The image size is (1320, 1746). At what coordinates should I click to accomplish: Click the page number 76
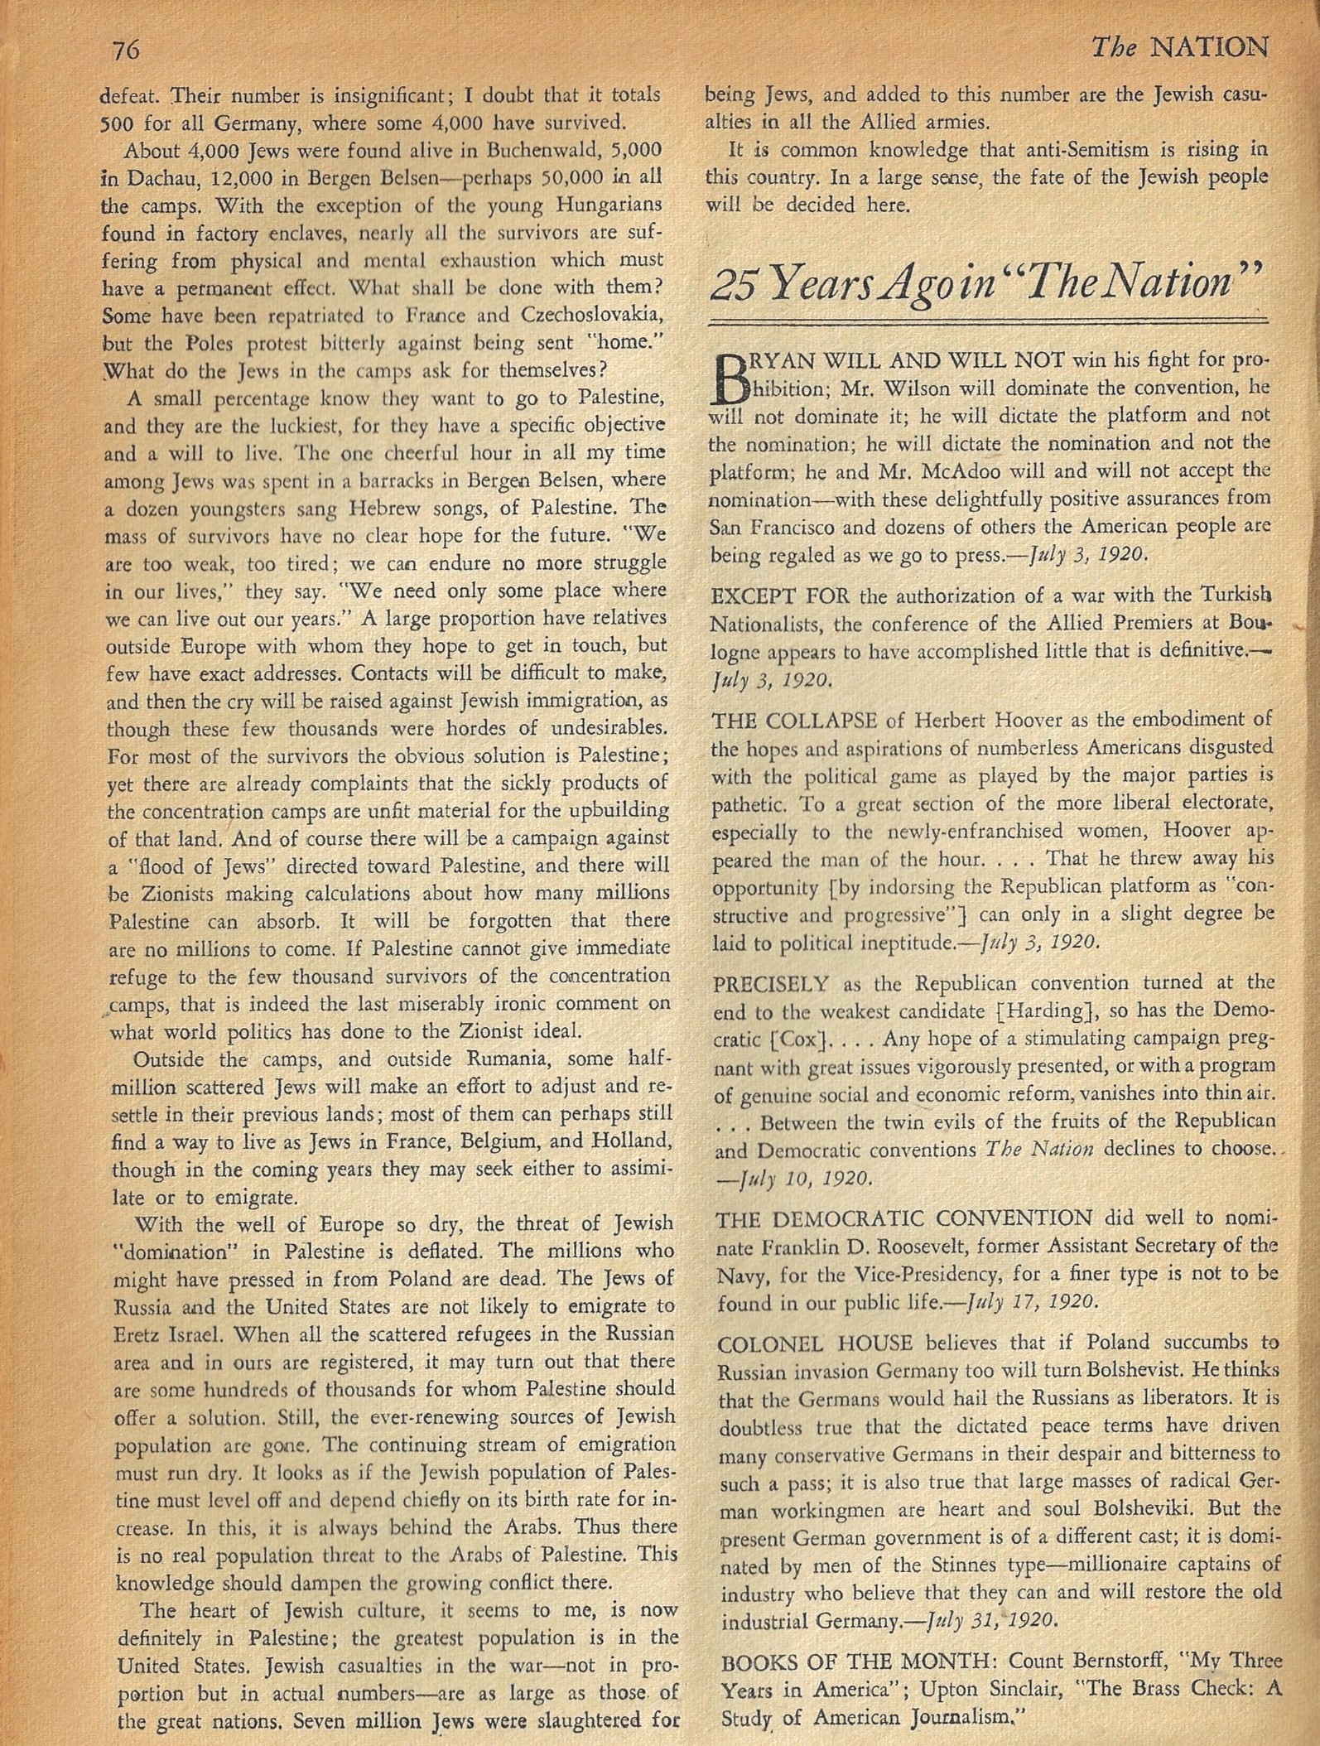click(123, 51)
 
